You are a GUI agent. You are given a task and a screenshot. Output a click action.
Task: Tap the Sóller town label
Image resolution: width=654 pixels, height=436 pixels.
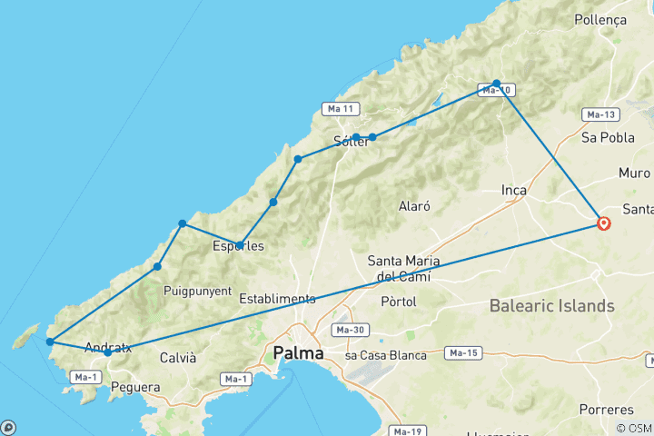(351, 142)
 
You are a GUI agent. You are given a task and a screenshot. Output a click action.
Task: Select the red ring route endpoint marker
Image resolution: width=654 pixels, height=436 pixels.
(603, 223)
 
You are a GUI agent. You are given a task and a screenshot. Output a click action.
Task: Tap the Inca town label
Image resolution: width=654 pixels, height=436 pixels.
(515, 190)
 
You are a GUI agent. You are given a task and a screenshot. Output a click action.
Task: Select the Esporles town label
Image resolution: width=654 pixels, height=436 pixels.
(238, 245)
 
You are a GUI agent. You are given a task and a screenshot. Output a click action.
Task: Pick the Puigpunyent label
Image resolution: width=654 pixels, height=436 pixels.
(193, 291)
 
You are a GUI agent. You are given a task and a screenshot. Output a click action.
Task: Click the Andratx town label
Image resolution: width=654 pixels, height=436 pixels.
(108, 347)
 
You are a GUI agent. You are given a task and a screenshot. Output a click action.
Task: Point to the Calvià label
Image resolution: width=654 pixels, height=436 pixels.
(177, 358)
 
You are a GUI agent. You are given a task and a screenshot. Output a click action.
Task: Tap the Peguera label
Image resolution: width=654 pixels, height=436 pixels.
(135, 388)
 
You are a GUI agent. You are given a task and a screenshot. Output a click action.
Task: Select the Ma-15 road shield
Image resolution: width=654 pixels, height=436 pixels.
(463, 352)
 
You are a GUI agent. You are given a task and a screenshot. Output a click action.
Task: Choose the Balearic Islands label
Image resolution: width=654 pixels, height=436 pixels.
(551, 306)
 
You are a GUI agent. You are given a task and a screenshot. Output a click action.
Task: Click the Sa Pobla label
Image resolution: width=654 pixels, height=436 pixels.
(600, 138)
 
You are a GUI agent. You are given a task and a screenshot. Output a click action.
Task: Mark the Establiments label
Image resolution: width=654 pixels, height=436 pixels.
(277, 299)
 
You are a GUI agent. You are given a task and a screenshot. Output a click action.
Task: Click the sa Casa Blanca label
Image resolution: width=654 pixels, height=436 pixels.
(385, 355)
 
